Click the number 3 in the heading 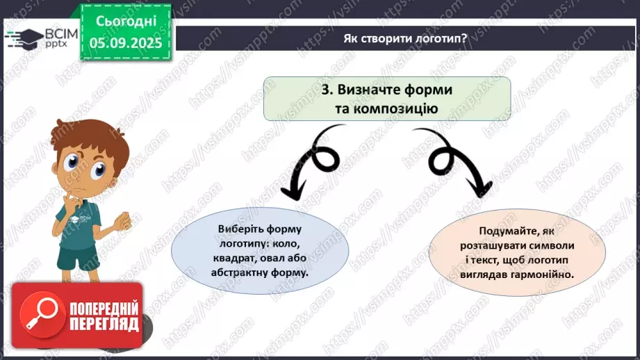point(325,90)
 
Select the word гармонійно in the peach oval point(543,275)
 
